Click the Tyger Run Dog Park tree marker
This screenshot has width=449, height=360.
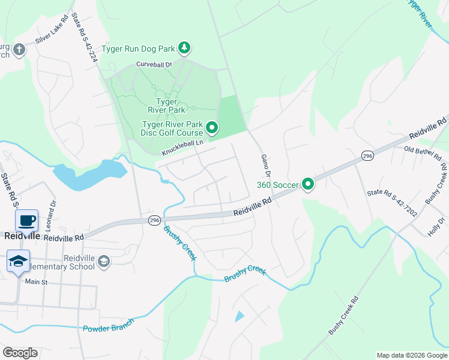185,47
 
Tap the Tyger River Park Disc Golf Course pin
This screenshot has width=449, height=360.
211,128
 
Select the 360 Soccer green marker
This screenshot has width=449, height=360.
307,184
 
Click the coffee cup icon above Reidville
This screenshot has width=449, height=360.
26,220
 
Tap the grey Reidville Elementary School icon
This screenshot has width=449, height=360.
104,261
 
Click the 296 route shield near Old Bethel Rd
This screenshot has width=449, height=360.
367,156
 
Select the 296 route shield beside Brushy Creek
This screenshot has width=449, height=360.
154,220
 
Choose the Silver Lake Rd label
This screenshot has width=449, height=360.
52,34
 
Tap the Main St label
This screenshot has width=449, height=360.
36,281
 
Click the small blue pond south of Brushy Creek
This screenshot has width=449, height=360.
240,316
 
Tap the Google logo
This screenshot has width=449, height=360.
20,352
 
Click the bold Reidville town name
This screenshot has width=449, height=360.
22,236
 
